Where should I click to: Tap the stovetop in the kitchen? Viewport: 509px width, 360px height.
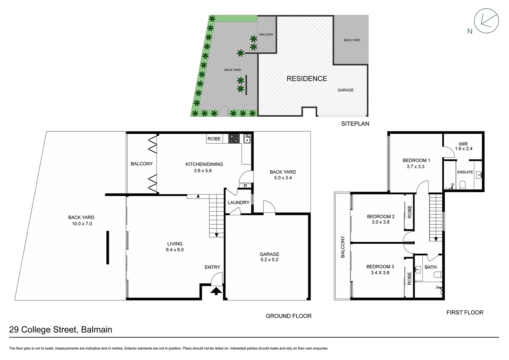click(x=234, y=138)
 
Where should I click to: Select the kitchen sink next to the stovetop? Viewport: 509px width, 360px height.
click(x=247, y=138)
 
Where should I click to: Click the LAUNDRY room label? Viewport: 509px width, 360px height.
click(x=238, y=202)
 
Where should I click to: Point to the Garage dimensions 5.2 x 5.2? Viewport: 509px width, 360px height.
click(x=269, y=260)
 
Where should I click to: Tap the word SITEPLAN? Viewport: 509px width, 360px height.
click(x=355, y=124)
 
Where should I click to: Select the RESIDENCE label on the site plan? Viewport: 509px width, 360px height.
click(x=307, y=79)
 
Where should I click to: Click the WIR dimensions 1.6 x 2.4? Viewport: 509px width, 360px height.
click(x=463, y=149)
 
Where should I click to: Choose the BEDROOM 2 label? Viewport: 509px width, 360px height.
click(x=381, y=216)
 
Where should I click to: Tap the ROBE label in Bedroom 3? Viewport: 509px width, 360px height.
click(x=409, y=278)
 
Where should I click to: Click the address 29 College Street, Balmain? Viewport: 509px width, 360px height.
click(x=61, y=330)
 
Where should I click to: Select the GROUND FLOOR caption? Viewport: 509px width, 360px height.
click(x=288, y=316)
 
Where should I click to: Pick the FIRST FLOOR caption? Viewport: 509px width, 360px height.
click(x=465, y=312)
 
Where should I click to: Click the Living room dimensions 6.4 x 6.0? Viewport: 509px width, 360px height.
click(x=175, y=250)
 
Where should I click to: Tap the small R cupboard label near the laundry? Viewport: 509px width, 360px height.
click(x=245, y=186)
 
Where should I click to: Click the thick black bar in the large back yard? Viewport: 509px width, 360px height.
click(x=107, y=247)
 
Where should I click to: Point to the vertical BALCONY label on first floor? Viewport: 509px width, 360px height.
click(x=342, y=247)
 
